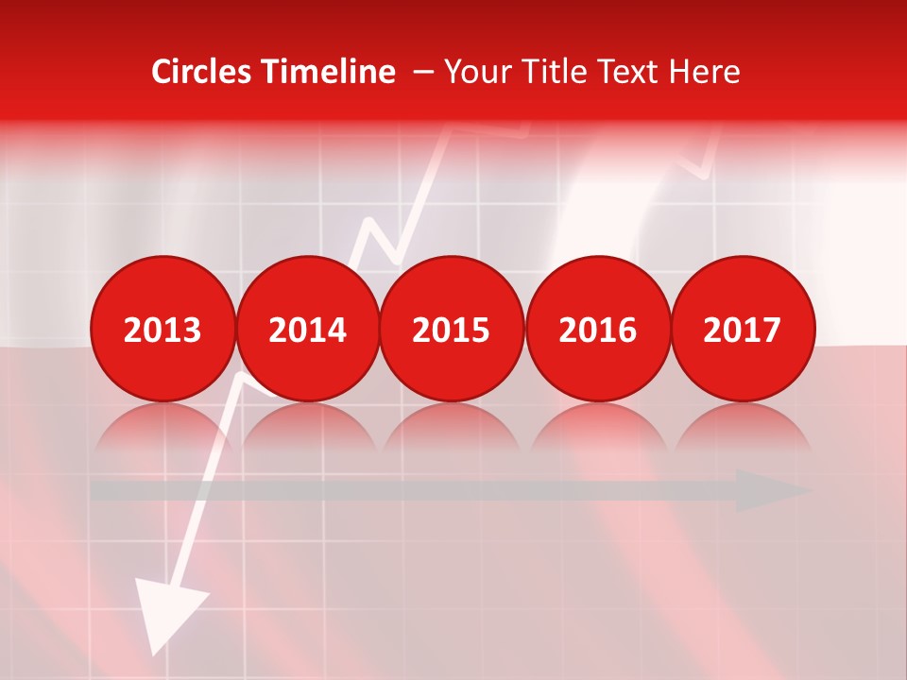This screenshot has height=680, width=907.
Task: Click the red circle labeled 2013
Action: pos(163,330)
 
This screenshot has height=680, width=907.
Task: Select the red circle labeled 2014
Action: pos(307,330)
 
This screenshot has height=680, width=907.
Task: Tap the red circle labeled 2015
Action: pos(452,330)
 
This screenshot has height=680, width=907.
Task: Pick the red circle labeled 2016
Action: pos(597,330)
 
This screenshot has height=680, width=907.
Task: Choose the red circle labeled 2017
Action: pos(742,330)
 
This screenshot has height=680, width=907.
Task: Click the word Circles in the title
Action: pos(201,72)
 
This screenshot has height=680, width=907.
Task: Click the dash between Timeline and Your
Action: pos(422,72)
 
